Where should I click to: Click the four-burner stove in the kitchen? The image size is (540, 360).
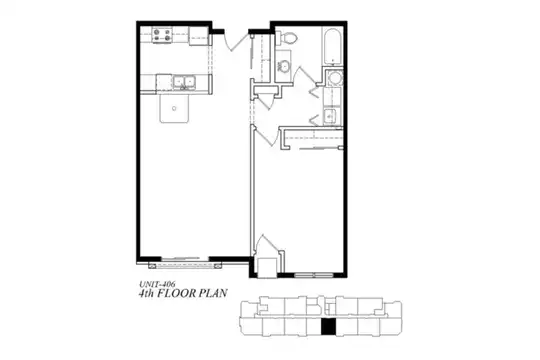click(162, 35)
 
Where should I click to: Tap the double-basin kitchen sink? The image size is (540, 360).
click(184, 82)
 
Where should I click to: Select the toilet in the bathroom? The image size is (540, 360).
click(287, 38)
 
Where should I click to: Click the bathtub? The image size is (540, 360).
click(332, 46)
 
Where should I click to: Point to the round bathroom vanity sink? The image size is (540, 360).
click(284, 65)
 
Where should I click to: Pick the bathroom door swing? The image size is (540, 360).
click(303, 74)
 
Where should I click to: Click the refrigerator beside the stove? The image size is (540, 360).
click(199, 35)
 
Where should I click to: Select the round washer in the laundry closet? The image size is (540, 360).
click(334, 78)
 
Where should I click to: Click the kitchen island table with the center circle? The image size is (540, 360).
click(174, 109)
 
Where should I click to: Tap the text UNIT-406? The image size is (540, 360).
click(157, 284)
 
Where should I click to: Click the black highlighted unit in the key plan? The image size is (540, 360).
click(328, 327)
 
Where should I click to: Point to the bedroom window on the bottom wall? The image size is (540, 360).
click(314, 275)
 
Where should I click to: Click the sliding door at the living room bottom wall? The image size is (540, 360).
click(185, 258)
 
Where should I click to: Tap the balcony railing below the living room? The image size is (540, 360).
click(185, 266)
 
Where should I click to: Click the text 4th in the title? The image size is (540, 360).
click(146, 294)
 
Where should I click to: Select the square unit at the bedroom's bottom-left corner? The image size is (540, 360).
click(267, 267)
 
